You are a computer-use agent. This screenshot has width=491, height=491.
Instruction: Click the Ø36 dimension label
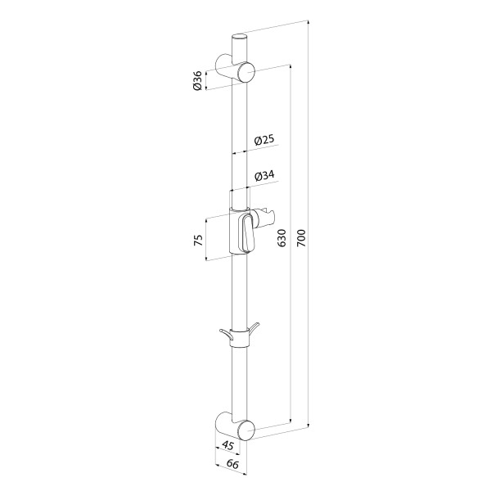coord(197,81)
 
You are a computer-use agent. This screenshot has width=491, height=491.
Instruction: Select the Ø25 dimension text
coord(264,140)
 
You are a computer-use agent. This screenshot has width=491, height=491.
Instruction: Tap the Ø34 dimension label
coord(264,176)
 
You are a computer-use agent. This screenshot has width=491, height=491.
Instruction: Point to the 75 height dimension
coord(199,240)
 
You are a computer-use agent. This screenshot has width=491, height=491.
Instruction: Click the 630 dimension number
coord(282,237)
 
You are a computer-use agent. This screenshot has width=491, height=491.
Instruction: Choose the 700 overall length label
coord(300,238)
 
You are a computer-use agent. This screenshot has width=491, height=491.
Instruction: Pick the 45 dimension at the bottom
coord(227,445)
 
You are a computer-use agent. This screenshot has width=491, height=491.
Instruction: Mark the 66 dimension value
coord(232,464)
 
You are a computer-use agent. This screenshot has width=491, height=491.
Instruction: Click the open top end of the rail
coord(240,38)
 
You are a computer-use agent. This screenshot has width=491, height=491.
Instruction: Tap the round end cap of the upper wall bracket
coord(246,72)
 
